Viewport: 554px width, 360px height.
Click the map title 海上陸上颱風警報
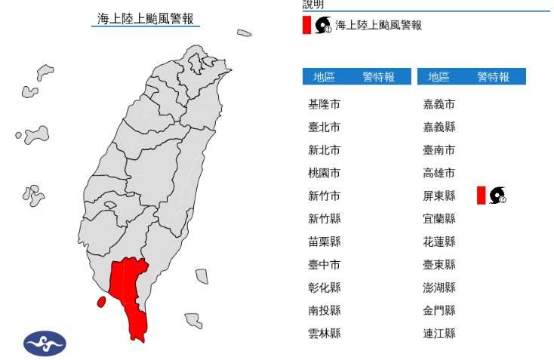(146, 18)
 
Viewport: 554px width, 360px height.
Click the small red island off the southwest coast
(101, 302)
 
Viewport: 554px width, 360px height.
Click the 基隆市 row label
(324, 104)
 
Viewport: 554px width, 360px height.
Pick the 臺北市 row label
(324, 127)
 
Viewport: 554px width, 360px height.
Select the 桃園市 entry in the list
(324, 173)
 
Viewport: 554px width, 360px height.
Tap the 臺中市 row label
(324, 264)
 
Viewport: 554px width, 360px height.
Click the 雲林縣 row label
(324, 333)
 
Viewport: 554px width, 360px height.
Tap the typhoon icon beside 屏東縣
(497, 195)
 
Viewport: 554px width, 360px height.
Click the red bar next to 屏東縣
(481, 195)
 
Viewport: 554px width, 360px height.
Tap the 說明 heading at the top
(315, 5)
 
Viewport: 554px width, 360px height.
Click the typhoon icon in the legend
(323, 26)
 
